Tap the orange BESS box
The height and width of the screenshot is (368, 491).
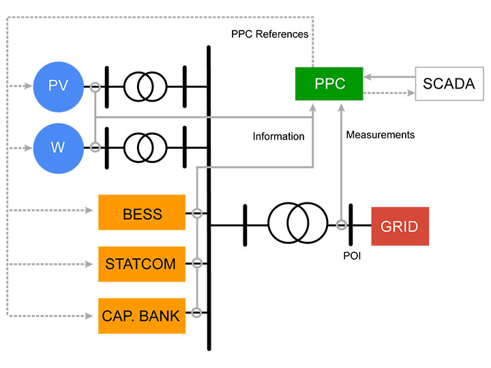(142, 213)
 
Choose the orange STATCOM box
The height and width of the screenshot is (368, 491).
(142, 264)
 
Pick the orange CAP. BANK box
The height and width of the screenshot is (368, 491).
(142, 316)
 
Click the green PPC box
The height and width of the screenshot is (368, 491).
(330, 84)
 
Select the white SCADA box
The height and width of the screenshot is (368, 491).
(449, 84)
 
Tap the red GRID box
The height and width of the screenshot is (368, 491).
(400, 226)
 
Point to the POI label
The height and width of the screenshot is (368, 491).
(352, 257)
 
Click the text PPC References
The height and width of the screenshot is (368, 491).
(270, 33)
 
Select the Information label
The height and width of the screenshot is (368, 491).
(278, 136)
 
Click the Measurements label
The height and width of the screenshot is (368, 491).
(381, 135)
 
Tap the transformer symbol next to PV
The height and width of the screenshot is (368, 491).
(145, 87)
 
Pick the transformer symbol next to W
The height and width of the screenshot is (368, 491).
(145, 147)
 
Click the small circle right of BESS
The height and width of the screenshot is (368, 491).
(196, 213)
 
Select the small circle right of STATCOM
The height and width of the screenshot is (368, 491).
(196, 263)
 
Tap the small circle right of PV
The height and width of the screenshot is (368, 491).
(95, 87)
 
